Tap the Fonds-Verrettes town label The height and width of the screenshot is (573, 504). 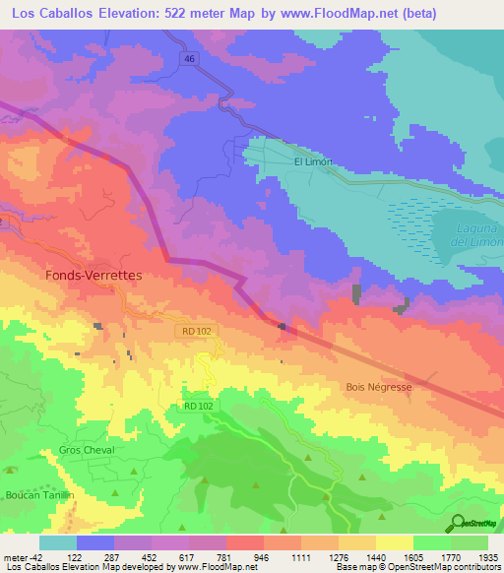pos(94,277)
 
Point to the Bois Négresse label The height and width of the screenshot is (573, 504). pos(379,387)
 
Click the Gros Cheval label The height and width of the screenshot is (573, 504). pos(87,450)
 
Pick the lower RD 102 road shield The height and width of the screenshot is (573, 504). pos(197,406)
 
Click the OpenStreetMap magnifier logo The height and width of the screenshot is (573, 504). pos(457,523)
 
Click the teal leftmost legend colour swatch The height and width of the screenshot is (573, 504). pos(57,542)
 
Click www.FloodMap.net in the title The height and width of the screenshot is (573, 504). pos(342,13)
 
